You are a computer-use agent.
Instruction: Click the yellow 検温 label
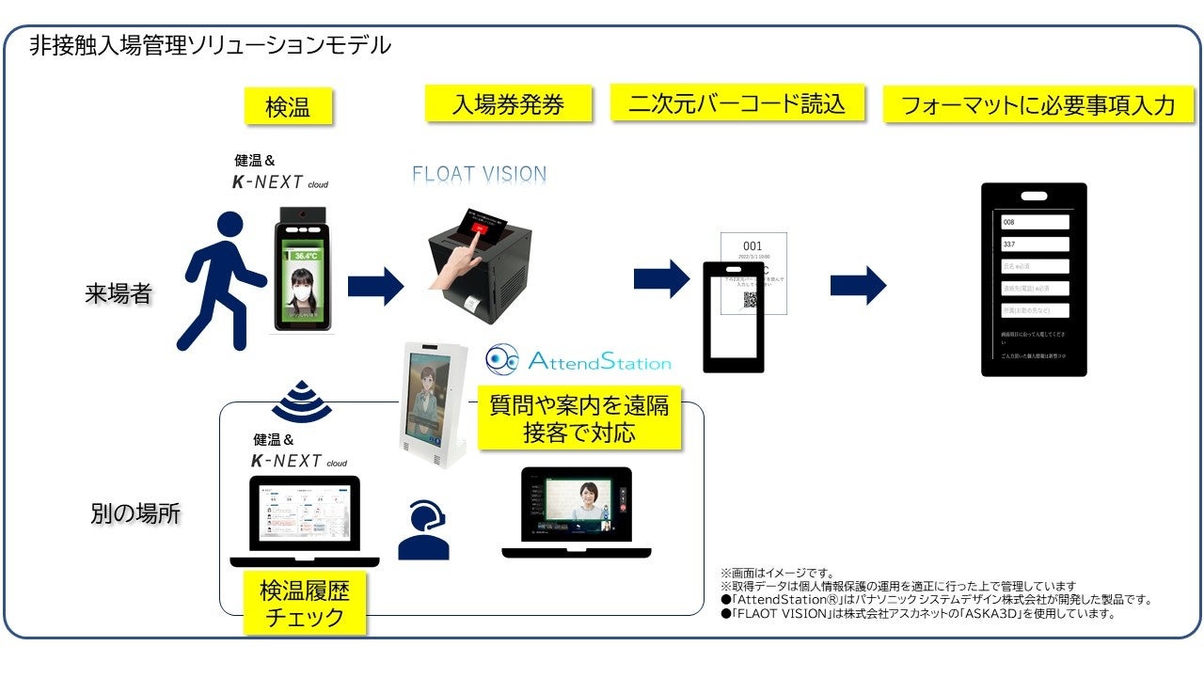pos(288,106)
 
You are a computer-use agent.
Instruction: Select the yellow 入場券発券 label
pos(508,103)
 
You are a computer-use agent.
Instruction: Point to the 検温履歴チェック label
pos(305,604)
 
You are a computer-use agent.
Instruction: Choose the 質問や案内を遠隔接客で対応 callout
pos(578,418)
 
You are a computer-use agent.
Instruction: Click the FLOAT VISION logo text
pos(480,174)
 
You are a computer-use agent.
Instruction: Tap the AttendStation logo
pos(578,361)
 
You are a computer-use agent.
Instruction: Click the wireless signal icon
pos(301,401)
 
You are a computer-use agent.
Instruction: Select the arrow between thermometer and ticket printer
pos(375,286)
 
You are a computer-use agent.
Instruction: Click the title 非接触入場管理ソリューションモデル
pos(210,44)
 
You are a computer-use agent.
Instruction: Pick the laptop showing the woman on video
pos(578,512)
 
